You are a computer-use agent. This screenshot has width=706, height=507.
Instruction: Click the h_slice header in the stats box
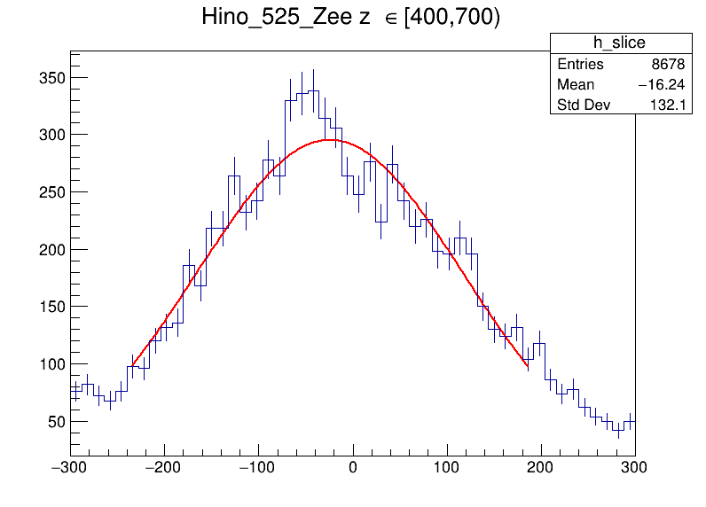(x=619, y=43)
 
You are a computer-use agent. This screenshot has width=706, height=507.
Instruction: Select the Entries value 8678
(x=666, y=65)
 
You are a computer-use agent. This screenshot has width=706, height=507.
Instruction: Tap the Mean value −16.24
(x=657, y=85)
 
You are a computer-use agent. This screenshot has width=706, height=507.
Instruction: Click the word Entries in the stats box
(x=580, y=65)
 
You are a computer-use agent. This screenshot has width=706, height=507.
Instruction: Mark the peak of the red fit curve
(x=329, y=139)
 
